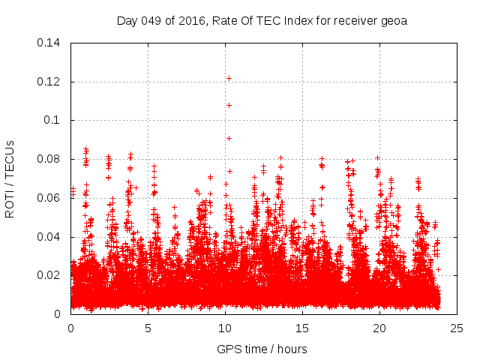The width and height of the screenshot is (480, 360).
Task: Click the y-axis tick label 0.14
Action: (x=51, y=42)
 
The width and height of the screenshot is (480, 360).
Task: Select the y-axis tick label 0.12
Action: (x=51, y=81)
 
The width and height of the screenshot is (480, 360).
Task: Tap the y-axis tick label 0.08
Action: (x=51, y=159)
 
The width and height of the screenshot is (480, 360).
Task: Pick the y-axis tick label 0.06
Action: (x=51, y=198)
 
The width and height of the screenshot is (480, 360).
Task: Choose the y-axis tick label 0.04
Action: (x=51, y=237)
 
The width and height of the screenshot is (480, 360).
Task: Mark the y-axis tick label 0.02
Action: (x=51, y=275)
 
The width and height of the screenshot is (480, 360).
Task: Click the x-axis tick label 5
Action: (x=148, y=328)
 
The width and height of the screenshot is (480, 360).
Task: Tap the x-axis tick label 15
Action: (x=303, y=328)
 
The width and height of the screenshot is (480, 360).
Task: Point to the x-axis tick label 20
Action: (x=380, y=328)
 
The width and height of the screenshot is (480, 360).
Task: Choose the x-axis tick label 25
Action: (x=457, y=328)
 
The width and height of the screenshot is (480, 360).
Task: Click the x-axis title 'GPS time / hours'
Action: (x=262, y=349)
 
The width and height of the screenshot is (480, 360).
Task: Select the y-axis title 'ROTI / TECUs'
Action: (x=10, y=178)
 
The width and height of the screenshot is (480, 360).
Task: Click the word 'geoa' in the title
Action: (x=394, y=20)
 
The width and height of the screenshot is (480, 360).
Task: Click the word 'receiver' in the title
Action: (x=355, y=20)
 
